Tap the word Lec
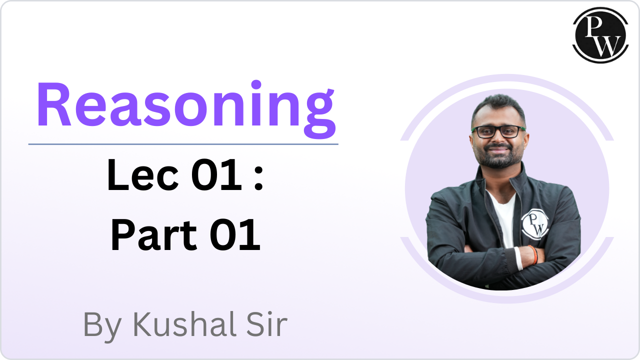tap(143, 174)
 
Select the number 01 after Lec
tap(217, 174)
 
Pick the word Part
tap(153, 235)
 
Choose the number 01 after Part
tap(235, 235)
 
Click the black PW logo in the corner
tap(600, 35)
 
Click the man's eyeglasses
tap(498, 131)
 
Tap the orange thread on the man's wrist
tap(533, 254)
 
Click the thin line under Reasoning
tap(183, 144)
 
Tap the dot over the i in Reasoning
tap(256, 84)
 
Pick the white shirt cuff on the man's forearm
tap(519, 258)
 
